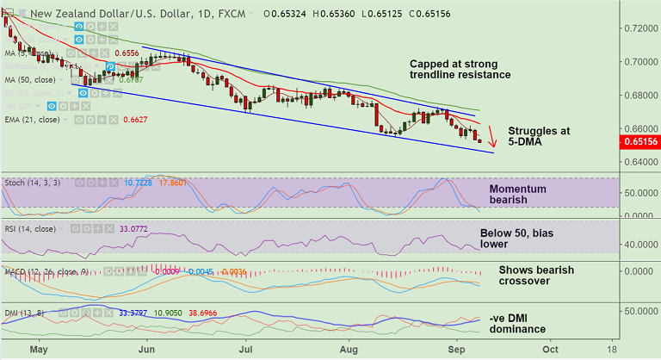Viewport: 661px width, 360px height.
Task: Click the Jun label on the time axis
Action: click(x=147, y=351)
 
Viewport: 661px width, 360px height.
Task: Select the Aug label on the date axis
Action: click(x=348, y=351)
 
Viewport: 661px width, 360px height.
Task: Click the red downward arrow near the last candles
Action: click(x=491, y=137)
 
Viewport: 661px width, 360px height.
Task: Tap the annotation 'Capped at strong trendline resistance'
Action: click(x=460, y=70)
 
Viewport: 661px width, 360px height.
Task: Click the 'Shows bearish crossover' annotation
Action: click(x=536, y=276)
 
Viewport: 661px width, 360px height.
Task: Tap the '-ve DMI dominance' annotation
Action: click(x=517, y=323)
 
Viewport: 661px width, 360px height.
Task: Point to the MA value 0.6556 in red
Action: click(x=127, y=53)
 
